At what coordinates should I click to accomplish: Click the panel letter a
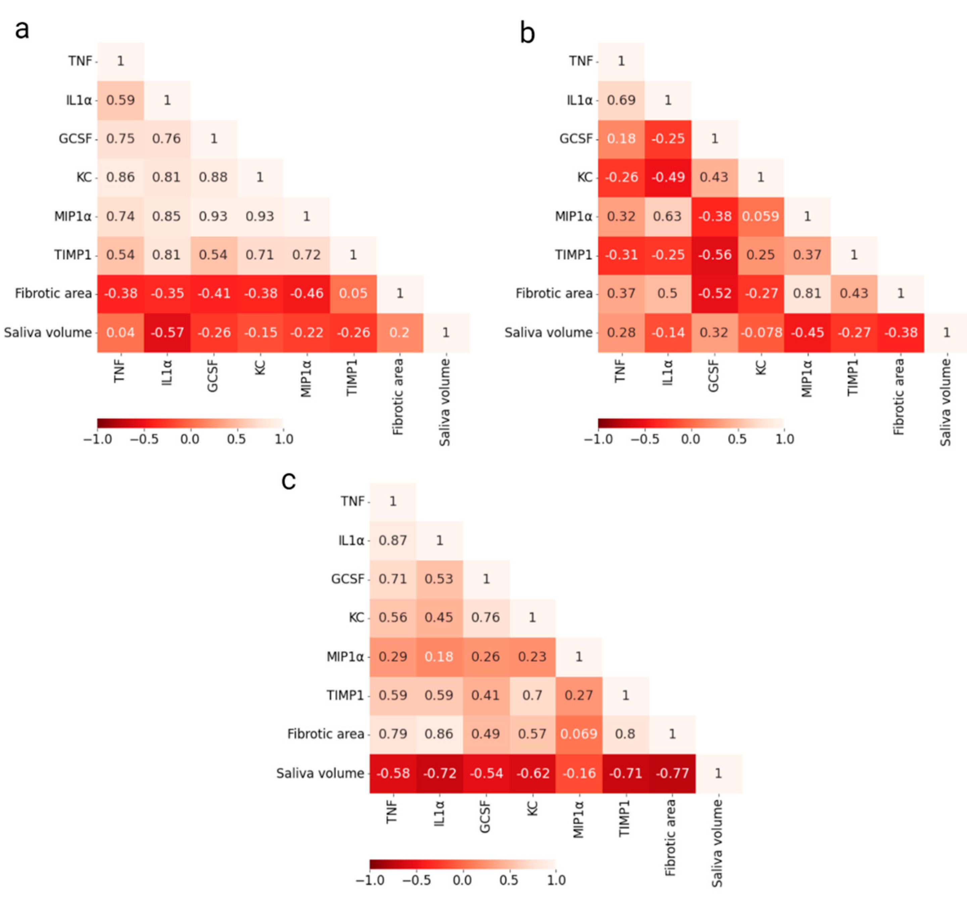pos(22,29)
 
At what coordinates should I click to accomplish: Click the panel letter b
pos(527,33)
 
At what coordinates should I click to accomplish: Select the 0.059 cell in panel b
pos(760,216)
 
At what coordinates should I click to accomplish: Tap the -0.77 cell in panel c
pos(672,773)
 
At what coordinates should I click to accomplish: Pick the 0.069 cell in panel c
pos(578,733)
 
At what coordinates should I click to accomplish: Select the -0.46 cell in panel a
pos(306,293)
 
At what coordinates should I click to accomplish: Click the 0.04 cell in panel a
pos(120,332)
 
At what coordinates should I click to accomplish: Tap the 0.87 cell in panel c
pos(393,540)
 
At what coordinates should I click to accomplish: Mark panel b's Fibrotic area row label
pos(553,293)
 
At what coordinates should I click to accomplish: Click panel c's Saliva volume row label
pos(320,773)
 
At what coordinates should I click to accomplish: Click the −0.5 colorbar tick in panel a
pos(144,439)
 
